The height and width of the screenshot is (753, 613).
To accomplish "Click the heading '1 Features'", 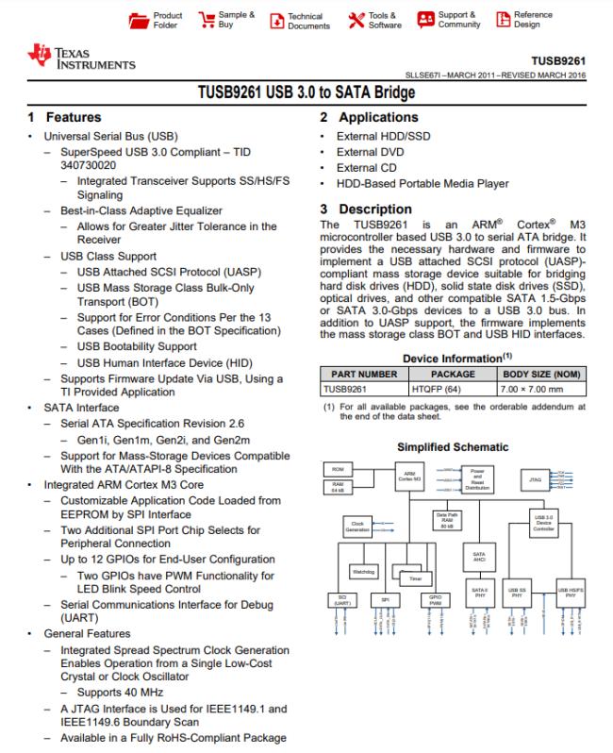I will click(x=64, y=118).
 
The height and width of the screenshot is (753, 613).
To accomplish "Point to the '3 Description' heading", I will click(x=365, y=209).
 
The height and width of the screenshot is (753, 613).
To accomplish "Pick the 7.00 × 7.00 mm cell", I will click(x=537, y=387).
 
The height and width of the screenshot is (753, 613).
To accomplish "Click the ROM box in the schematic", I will click(x=337, y=469).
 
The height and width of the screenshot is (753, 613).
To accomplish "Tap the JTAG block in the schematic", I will click(x=535, y=479).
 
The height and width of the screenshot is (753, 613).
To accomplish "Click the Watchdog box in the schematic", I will click(x=363, y=571).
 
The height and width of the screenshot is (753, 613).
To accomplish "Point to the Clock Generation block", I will click(x=357, y=527).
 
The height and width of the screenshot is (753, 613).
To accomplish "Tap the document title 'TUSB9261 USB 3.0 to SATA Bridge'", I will click(x=306, y=93).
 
